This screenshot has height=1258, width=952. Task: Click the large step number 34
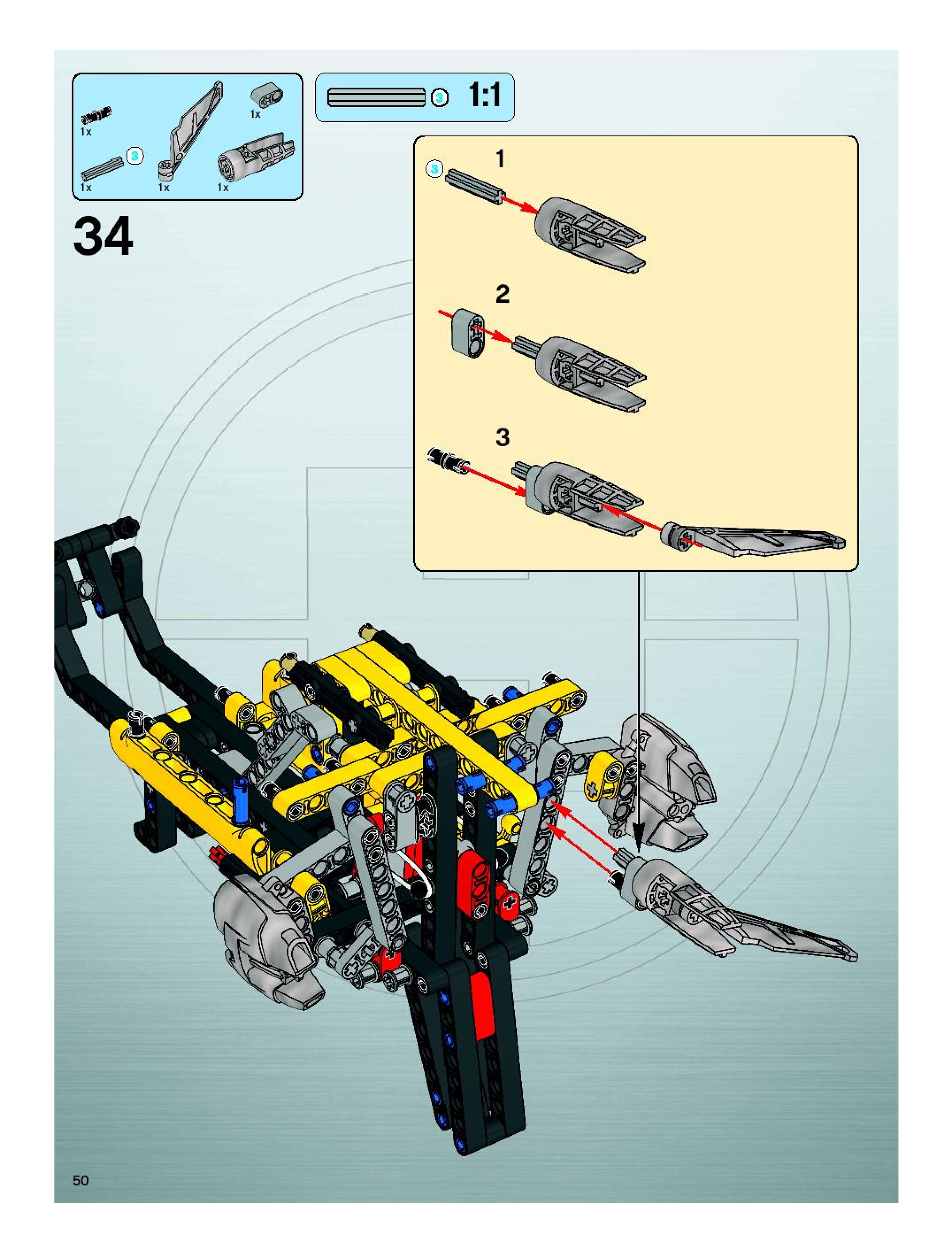point(103,236)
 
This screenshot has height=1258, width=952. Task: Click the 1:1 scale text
point(484,95)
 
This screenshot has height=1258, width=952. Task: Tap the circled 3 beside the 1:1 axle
point(439,98)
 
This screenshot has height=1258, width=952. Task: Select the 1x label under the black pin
point(86,131)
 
